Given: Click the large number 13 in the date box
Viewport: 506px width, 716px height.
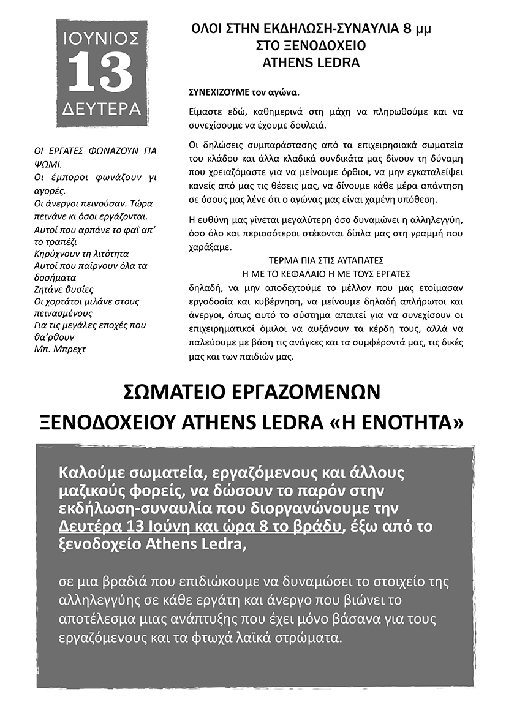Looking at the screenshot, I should pos(100,73).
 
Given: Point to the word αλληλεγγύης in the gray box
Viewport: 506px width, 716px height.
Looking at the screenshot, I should pos(105,598).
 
